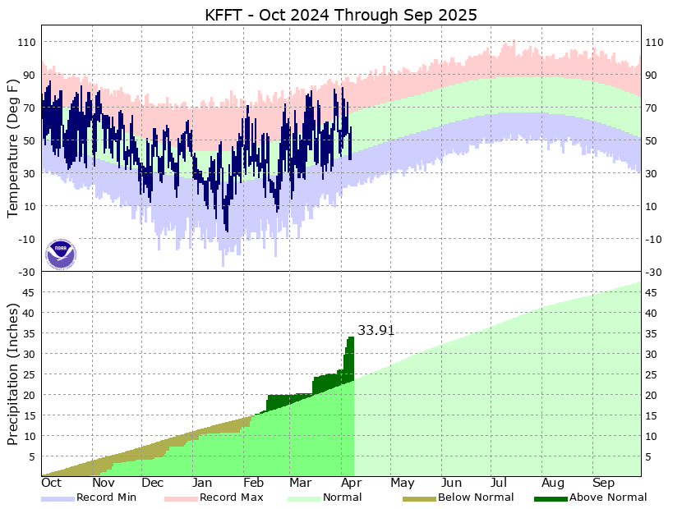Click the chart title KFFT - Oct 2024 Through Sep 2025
pyautogui.click(x=340, y=15)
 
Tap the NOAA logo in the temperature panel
pyautogui.click(x=61, y=253)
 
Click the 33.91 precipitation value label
pyautogui.click(x=376, y=331)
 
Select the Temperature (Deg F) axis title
pyautogui.click(x=12, y=148)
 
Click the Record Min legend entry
pyautogui.click(x=106, y=497)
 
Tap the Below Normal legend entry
pyautogui.click(x=476, y=497)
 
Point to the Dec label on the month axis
pyautogui.click(x=152, y=483)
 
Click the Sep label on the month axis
pyautogui.click(x=604, y=483)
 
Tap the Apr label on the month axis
pyautogui.click(x=352, y=483)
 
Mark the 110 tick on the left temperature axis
pyautogui.click(x=26, y=42)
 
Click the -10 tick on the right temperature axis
pyautogui.click(x=654, y=239)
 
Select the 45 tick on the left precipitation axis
pyautogui.click(x=30, y=292)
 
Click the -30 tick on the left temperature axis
pyautogui.click(x=26, y=272)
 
